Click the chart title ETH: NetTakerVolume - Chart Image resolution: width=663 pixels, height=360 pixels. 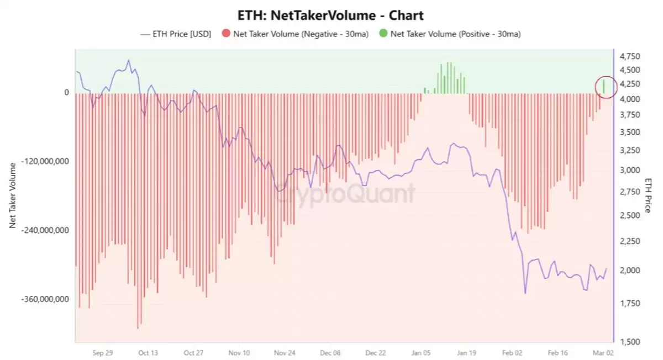pos(331,15)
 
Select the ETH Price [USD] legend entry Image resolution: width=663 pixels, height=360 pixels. pos(176,34)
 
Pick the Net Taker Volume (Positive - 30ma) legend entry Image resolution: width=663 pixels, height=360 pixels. pos(450,34)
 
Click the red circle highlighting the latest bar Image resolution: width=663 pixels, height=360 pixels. pos(606,87)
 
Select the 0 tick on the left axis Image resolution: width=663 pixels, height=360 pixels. pos(66,92)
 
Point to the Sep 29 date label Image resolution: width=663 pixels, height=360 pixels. pos(102,352)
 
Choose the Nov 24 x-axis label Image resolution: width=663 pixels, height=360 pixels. pos(285,352)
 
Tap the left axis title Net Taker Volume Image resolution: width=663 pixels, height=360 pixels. pos(12,196)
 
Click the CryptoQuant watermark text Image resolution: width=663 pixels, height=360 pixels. pos(345,193)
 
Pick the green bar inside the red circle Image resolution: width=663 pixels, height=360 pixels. pos(604,86)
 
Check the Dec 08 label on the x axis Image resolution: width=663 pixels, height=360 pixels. pos(330,352)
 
